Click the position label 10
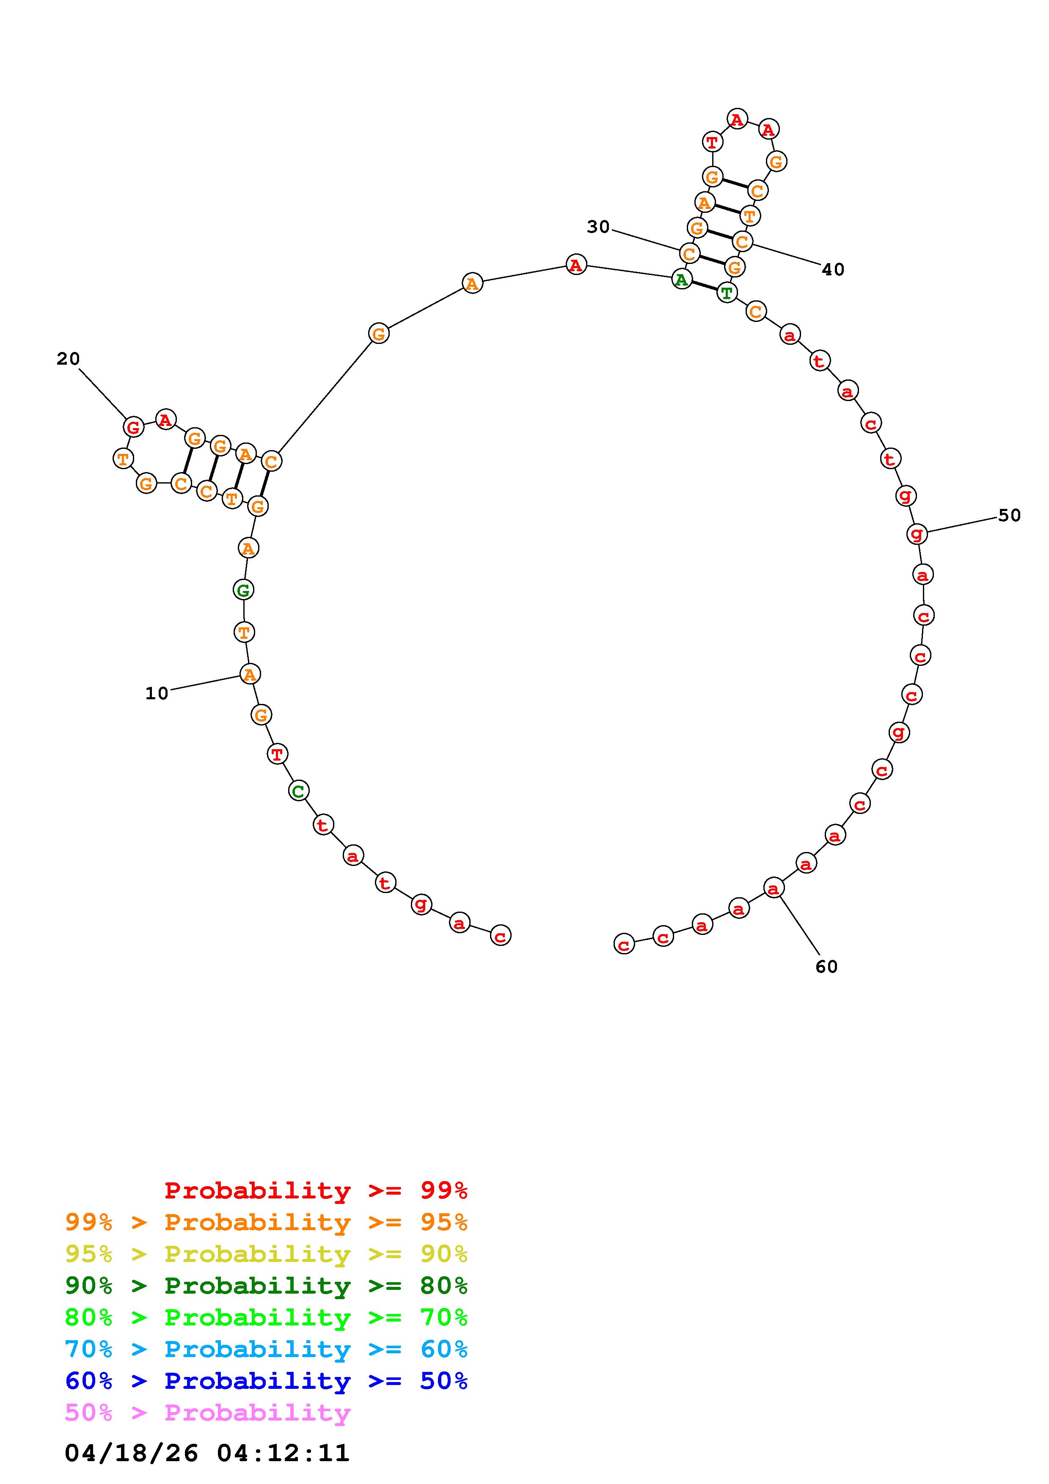157,693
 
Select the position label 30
598,227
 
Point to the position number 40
833,269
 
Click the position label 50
1010,515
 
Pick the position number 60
827,966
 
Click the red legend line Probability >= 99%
316,1190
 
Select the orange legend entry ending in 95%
266,1222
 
